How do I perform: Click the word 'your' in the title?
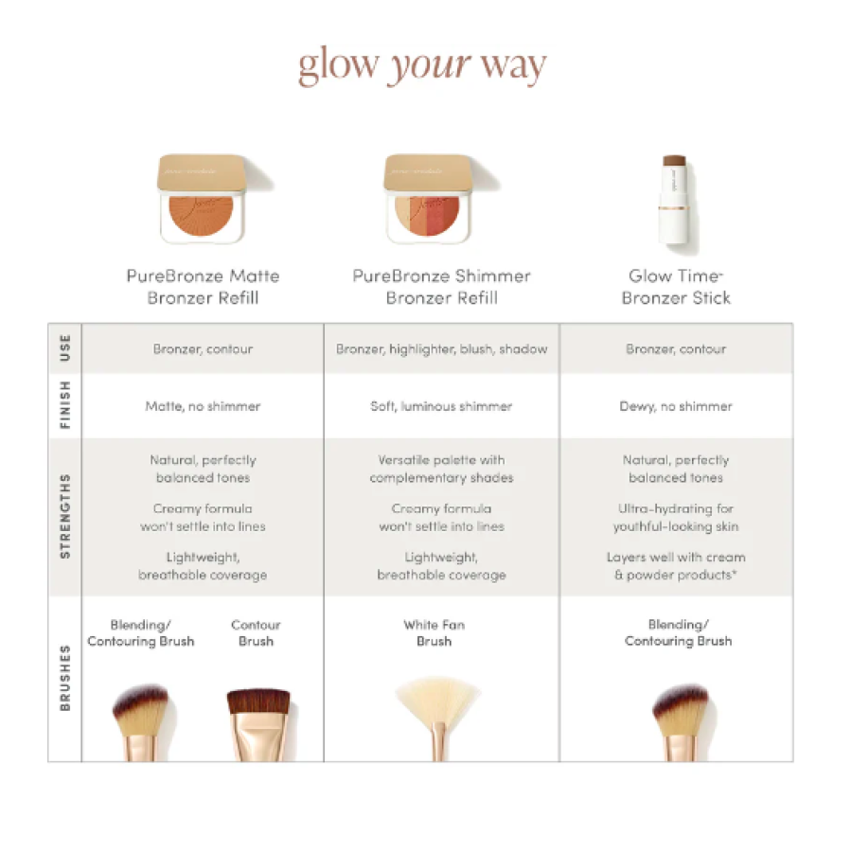tap(429, 66)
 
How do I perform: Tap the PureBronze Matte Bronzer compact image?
tap(211, 200)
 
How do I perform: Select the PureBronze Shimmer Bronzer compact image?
tap(436, 200)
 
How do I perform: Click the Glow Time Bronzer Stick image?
tap(675, 204)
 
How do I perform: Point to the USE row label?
tap(65, 348)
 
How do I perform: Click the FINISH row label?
tap(65, 405)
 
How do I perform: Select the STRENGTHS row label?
tap(65, 516)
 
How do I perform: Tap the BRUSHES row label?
tap(65, 678)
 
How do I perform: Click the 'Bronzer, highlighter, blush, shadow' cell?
tap(441, 348)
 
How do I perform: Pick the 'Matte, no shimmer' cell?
tap(203, 406)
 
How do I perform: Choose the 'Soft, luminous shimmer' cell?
tap(441, 406)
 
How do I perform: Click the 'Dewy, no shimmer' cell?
tap(676, 406)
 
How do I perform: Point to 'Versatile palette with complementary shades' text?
tap(441, 469)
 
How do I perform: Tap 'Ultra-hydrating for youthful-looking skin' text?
tap(676, 517)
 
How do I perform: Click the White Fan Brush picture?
tap(437, 718)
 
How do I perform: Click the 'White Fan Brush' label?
tap(435, 632)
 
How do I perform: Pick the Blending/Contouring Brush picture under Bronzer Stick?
tap(682, 721)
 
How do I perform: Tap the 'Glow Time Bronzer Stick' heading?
tap(676, 287)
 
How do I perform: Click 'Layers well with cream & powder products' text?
tap(676, 566)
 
